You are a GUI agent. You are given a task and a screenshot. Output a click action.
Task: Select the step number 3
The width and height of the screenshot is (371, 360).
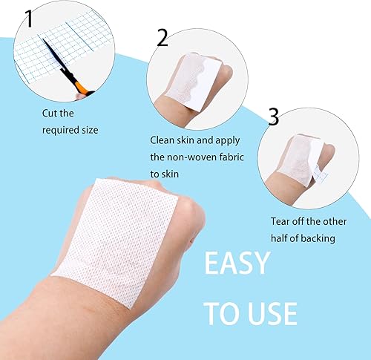click(273, 117)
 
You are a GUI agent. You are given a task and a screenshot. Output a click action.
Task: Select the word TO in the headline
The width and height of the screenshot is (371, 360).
click(221, 312)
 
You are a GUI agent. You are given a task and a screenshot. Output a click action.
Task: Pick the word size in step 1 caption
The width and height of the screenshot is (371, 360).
click(85, 130)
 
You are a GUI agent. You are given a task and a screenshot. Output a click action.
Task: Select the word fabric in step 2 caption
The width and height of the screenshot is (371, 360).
click(237, 157)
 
